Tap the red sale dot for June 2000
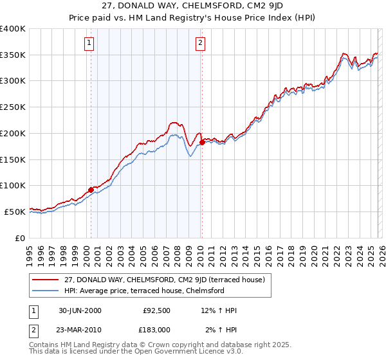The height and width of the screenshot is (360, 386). (91, 190)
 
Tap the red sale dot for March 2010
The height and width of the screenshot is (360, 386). (202, 142)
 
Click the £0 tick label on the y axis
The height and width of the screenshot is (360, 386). (21, 238)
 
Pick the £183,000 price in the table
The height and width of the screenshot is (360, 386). (156, 329)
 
